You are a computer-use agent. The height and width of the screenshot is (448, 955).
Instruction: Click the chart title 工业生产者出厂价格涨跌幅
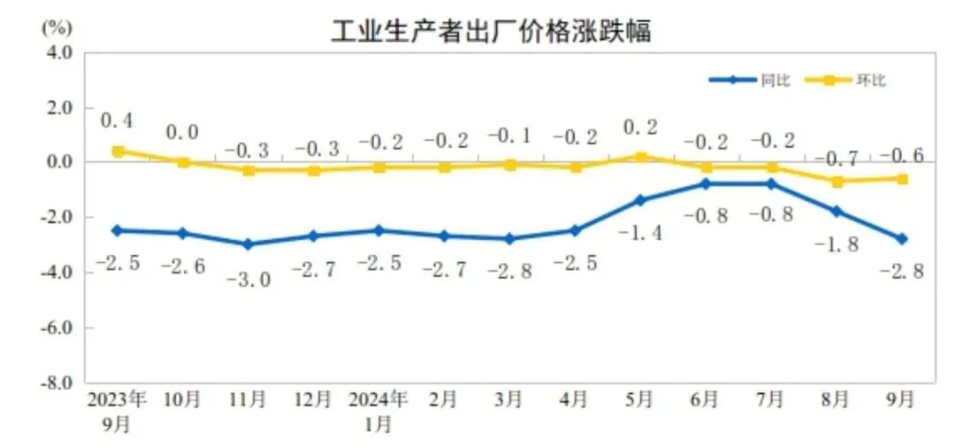491,32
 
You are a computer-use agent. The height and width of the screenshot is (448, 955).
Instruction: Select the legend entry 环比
870,81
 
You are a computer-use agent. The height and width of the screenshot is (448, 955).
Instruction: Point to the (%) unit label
56,27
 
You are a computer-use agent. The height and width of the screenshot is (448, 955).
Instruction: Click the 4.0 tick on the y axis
58,52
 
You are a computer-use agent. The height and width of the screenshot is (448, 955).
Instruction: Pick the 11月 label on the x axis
248,400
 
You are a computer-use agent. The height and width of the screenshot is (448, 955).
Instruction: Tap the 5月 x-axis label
639,400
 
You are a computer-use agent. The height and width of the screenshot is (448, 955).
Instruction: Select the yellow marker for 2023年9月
118,151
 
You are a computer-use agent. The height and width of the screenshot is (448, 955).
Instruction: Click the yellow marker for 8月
837,182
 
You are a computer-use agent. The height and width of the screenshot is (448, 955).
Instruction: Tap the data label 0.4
117,120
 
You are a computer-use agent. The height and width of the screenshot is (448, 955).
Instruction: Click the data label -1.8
836,245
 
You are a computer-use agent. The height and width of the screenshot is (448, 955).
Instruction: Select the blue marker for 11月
248,244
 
